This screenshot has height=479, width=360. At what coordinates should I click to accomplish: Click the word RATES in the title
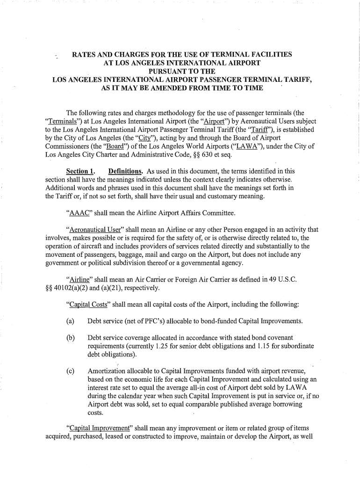pos(82,55)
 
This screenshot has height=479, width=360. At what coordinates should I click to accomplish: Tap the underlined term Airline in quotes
pos(79,279)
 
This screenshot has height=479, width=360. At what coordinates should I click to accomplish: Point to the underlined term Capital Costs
pos(89,305)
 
